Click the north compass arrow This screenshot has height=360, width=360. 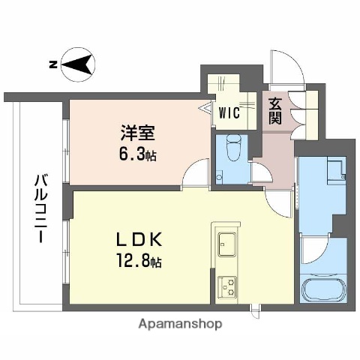coord(76,66)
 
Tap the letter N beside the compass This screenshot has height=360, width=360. coord(52,65)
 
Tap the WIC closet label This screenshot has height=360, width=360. coord(229,113)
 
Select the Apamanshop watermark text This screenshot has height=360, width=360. coord(179,325)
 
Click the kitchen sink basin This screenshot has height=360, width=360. coord(226,244)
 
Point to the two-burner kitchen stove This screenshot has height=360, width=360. coord(226,285)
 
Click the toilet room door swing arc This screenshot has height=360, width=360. coord(260,174)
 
